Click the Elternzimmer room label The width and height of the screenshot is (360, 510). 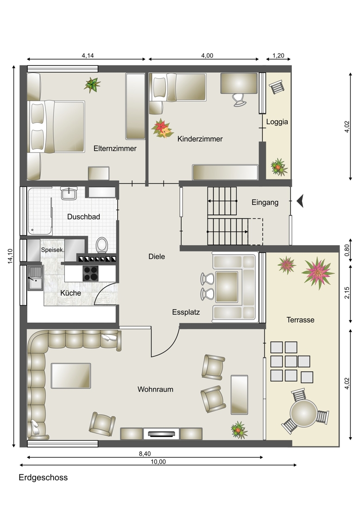click(115, 149)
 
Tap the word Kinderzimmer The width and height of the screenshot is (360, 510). click(200, 139)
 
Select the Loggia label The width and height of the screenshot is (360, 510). click(277, 122)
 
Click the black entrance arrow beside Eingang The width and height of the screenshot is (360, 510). click(300, 201)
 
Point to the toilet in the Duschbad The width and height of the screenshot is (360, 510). click(102, 245)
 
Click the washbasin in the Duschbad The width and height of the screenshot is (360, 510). click(69, 193)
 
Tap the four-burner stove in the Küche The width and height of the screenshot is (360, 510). click(91, 274)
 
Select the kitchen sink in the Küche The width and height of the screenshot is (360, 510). click(35, 278)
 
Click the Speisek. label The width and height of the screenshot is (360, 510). click(53, 250)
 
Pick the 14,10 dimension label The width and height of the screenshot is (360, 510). click(10, 256)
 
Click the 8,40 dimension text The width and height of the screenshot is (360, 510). click(145, 453)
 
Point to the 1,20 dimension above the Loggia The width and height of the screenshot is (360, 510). click(278, 56)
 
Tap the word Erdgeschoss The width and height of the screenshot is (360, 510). click(43, 478)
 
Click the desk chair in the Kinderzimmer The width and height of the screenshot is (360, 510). click(240, 100)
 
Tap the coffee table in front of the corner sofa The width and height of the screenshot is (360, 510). click(71, 376)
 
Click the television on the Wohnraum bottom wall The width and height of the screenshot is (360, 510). click(162, 433)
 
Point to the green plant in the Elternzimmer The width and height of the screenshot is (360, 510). click(92, 85)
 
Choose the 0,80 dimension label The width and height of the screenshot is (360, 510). click(347, 250)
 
